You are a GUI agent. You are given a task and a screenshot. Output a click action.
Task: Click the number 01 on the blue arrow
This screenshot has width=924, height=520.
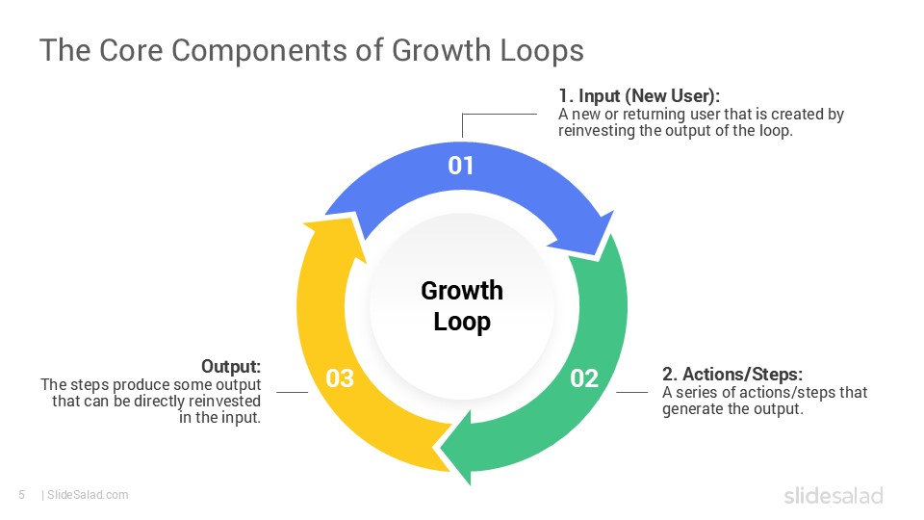tap(461, 166)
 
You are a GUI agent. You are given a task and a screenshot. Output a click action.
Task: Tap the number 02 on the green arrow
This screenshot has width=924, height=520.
tap(584, 378)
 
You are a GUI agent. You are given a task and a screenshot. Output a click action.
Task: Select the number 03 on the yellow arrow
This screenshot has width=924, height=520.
tap(340, 378)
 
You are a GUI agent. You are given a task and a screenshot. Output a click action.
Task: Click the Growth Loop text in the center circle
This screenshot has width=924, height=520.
tap(462, 305)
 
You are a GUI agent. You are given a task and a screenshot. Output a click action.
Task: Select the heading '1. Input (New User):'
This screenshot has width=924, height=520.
tap(639, 96)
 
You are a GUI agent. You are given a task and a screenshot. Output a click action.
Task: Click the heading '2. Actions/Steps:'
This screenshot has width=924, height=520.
tap(731, 374)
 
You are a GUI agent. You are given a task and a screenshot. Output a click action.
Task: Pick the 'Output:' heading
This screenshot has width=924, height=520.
tap(231, 367)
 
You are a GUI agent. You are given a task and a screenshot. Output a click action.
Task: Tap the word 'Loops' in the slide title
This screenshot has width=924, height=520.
tap(541, 50)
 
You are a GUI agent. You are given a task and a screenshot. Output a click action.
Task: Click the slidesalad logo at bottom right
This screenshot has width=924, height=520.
tap(833, 495)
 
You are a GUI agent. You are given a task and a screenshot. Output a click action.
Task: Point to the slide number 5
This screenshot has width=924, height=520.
tap(21, 495)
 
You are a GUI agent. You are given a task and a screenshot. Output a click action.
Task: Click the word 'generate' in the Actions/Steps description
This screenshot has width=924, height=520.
tap(691, 408)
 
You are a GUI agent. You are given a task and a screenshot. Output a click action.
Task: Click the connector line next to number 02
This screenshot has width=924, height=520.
tap(631, 392)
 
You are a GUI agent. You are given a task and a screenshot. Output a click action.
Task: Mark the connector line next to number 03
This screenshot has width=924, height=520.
tap(292, 392)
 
